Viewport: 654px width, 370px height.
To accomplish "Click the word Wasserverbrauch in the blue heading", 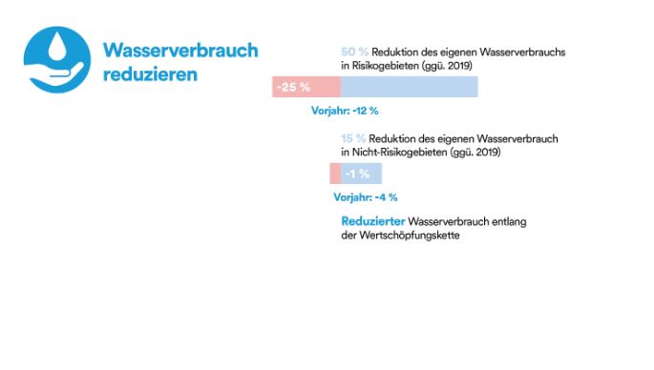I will (180, 50).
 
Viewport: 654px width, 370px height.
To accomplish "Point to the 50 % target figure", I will (354, 51).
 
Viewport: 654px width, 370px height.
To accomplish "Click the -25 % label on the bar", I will (292, 87).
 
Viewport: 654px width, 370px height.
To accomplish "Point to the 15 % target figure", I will (353, 138).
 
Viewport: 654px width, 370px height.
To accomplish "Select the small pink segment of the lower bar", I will (335, 174).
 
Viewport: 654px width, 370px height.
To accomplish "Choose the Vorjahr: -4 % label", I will (365, 197).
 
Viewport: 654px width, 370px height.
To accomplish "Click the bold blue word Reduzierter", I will (372, 222).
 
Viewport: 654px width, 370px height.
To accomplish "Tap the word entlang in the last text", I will (511, 222).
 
